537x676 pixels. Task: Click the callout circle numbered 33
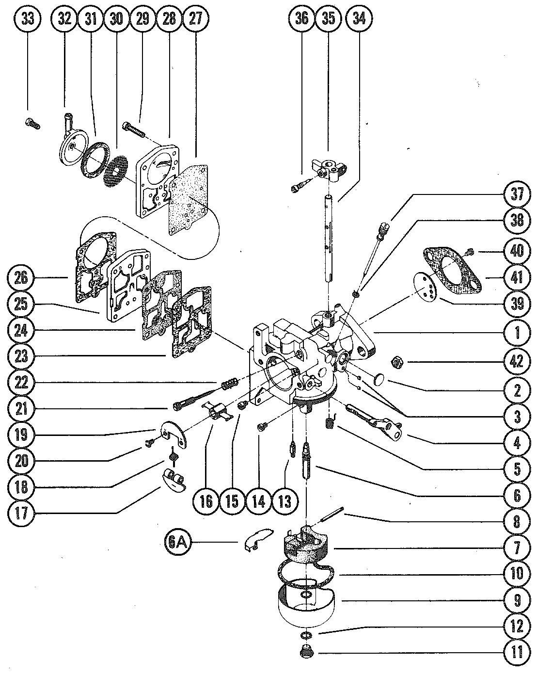(28, 19)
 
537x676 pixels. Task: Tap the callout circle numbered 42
(517, 362)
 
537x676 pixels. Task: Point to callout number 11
(517, 652)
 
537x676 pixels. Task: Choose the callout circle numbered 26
(21, 278)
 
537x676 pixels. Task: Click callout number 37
(517, 194)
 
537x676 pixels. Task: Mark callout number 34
(359, 19)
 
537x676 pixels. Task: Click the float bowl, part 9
(306, 600)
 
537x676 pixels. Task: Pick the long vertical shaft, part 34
(329, 239)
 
